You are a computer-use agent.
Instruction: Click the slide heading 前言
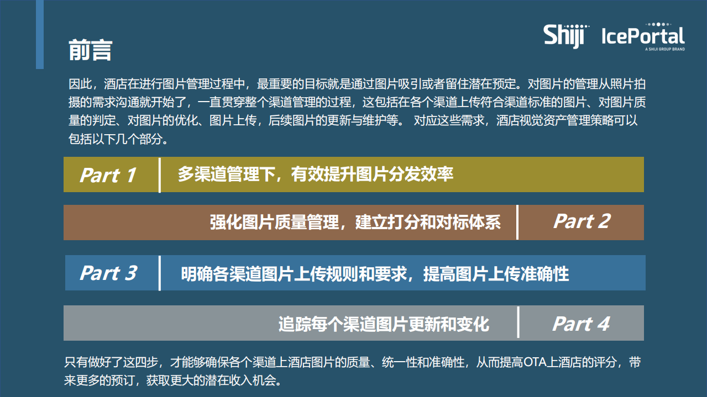point(90,50)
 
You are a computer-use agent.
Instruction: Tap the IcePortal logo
point(643,36)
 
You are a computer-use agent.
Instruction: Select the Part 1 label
point(108,175)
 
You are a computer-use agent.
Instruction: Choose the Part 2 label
point(582,221)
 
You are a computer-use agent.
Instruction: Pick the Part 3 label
point(108,273)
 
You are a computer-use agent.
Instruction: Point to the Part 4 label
point(581,324)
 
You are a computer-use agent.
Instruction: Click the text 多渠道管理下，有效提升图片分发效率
point(315,174)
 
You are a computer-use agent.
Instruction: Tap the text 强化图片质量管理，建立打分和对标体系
point(355,222)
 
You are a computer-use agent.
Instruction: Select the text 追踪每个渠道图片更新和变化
point(384,324)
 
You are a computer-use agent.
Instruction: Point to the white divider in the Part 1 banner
point(160,175)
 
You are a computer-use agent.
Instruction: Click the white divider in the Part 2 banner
point(517,222)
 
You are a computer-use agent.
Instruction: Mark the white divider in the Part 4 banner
point(518,322)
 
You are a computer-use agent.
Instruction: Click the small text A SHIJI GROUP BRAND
point(664,49)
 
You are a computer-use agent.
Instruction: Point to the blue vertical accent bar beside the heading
point(40,34)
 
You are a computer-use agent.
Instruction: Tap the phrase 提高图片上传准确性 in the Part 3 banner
point(496,273)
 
